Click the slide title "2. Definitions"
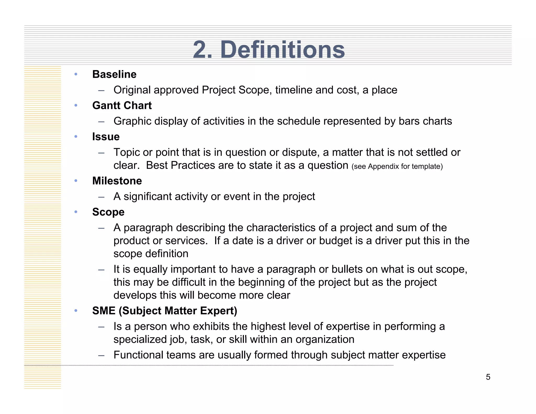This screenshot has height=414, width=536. pyautogui.click(x=269, y=50)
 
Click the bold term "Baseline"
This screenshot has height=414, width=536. pyautogui.click(x=114, y=74)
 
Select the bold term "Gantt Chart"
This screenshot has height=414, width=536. pyautogui.click(x=122, y=105)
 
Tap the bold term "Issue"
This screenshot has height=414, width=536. pyautogui.click(x=106, y=137)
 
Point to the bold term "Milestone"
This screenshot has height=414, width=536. pyautogui.click(x=117, y=181)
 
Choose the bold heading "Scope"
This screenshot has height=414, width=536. pyautogui.click(x=108, y=212)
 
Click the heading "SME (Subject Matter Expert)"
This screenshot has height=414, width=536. pyautogui.click(x=165, y=311)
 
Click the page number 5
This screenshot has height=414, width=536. pyautogui.click(x=488, y=377)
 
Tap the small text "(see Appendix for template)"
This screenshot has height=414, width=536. pyautogui.click(x=397, y=166)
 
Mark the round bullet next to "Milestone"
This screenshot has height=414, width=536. pyautogui.click(x=76, y=181)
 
